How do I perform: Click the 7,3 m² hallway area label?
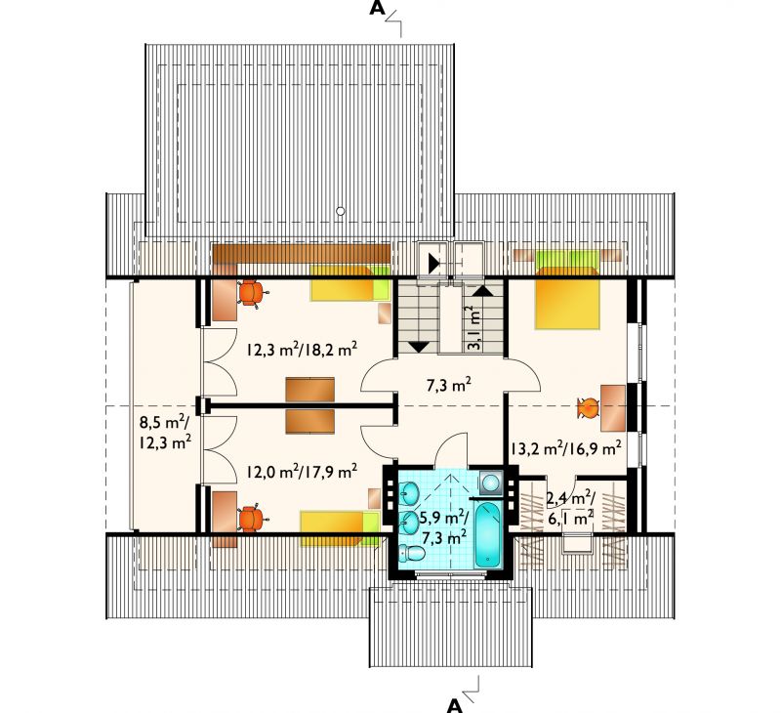pos(448,385)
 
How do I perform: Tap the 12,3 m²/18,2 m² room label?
pos(302,350)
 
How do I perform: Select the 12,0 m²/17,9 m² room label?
pos(302,471)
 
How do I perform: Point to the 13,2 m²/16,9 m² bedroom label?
pos(565,448)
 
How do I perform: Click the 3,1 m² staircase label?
pos(474,328)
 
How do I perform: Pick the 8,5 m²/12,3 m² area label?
pos(165,433)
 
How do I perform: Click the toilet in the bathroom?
pos(411,553)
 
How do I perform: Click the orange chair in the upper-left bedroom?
pos(252,293)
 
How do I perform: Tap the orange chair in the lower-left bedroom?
pos(253,520)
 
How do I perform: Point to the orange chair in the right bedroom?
pos(589,408)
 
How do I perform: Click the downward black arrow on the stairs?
pos(419,348)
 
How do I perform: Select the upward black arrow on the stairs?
pos(482,290)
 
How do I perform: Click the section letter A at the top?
pos(377,9)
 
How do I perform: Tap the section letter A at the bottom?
pos(454,705)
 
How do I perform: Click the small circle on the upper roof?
pos(340,211)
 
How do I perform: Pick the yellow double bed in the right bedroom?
pos(567,299)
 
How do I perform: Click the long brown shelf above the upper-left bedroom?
pos(302,254)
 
